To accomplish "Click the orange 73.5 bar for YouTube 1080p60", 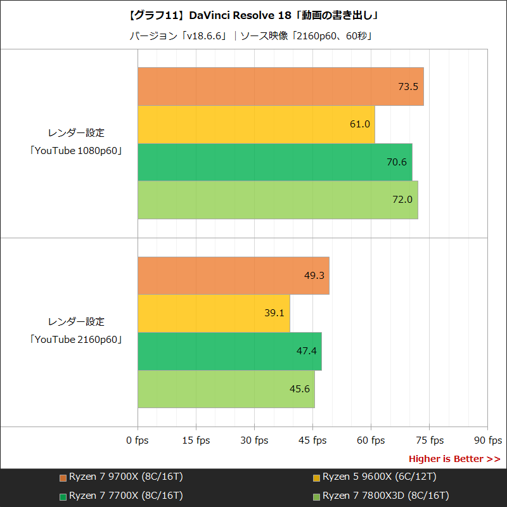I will [280, 86].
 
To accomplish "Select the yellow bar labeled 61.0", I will [256, 124].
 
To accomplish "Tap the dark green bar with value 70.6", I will [274, 162].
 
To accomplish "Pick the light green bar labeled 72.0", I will [277, 200].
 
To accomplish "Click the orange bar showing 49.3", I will [233, 276].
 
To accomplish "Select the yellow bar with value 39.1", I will [214, 313].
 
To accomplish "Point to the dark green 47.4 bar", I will [229, 351].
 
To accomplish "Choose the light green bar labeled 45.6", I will [226, 388].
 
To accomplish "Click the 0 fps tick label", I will [138, 440].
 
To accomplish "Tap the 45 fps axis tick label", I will [312, 440].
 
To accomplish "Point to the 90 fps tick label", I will [487, 440].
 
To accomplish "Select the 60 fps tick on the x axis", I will [371, 440].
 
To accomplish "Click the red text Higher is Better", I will [454, 459].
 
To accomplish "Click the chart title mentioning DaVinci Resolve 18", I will [253, 15].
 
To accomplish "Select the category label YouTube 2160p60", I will [76, 340].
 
